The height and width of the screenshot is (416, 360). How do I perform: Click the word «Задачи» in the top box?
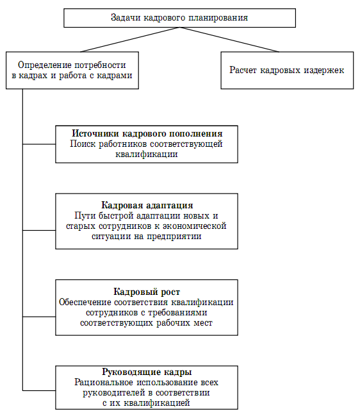[126, 18]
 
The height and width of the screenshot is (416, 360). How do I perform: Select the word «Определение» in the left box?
[45, 65]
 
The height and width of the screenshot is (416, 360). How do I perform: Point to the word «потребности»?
[100, 65]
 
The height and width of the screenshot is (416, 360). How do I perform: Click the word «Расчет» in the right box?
[243, 70]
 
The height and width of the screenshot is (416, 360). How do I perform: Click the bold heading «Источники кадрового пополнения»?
[147, 133]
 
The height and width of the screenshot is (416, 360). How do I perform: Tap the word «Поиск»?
[83, 144]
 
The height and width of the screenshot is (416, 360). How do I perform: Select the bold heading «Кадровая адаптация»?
[147, 205]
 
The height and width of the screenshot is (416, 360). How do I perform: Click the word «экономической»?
[194, 226]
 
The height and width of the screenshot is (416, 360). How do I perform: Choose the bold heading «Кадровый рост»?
[147, 292]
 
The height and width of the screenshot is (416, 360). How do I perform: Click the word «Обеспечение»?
[85, 302]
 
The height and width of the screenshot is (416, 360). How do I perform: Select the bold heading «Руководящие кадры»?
[147, 372]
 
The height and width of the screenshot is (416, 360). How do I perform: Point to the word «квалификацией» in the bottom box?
[157, 403]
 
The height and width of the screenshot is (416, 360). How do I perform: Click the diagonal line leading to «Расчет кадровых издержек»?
[229, 40]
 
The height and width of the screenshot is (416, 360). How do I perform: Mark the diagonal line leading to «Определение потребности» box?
[130, 40]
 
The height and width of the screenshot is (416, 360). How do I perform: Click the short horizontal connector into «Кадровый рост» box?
[39, 317]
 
